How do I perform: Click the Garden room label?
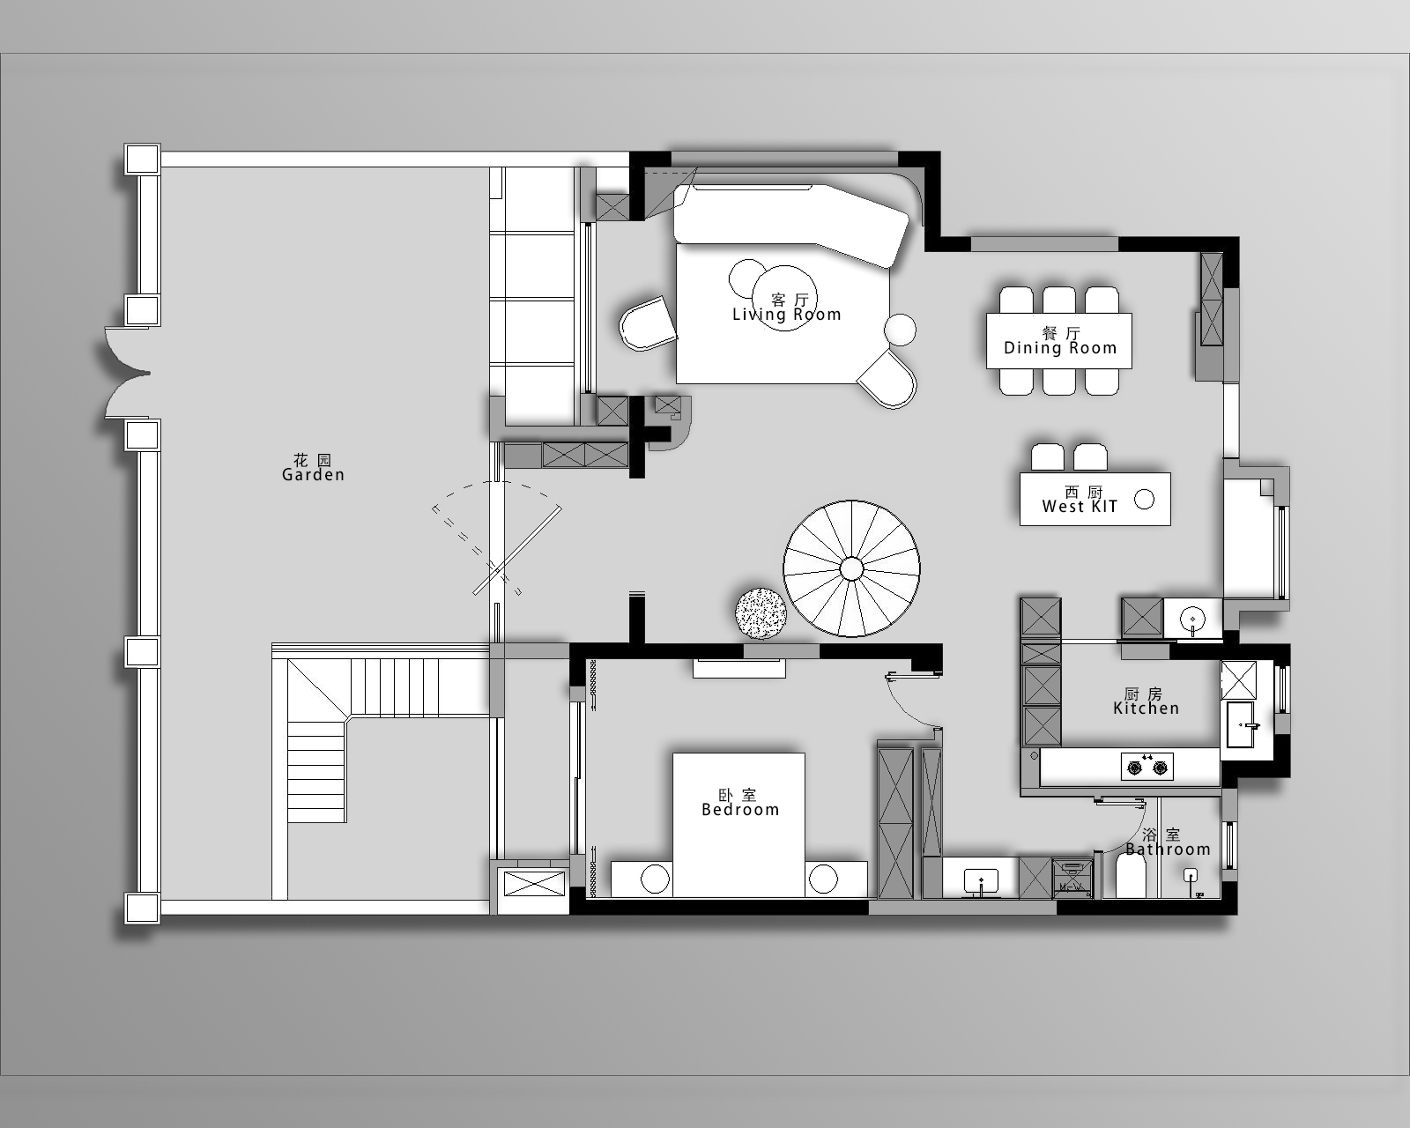click(313, 467)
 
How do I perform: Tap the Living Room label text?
click(787, 308)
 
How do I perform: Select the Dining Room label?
click(1060, 341)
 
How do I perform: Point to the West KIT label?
click(1080, 500)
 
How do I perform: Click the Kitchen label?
click(1146, 701)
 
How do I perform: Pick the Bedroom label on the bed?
click(740, 803)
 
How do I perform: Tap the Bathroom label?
click(1168, 842)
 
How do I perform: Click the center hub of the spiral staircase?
click(851, 568)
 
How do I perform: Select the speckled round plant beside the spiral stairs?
click(761, 613)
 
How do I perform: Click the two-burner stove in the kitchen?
click(1147, 766)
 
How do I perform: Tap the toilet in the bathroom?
click(1131, 877)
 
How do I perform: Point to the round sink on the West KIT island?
click(1144, 500)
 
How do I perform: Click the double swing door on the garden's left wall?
click(129, 373)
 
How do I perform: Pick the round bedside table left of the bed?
click(655, 879)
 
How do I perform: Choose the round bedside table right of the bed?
click(822, 879)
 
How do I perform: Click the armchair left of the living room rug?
click(648, 323)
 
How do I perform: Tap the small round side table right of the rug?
click(901, 329)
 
